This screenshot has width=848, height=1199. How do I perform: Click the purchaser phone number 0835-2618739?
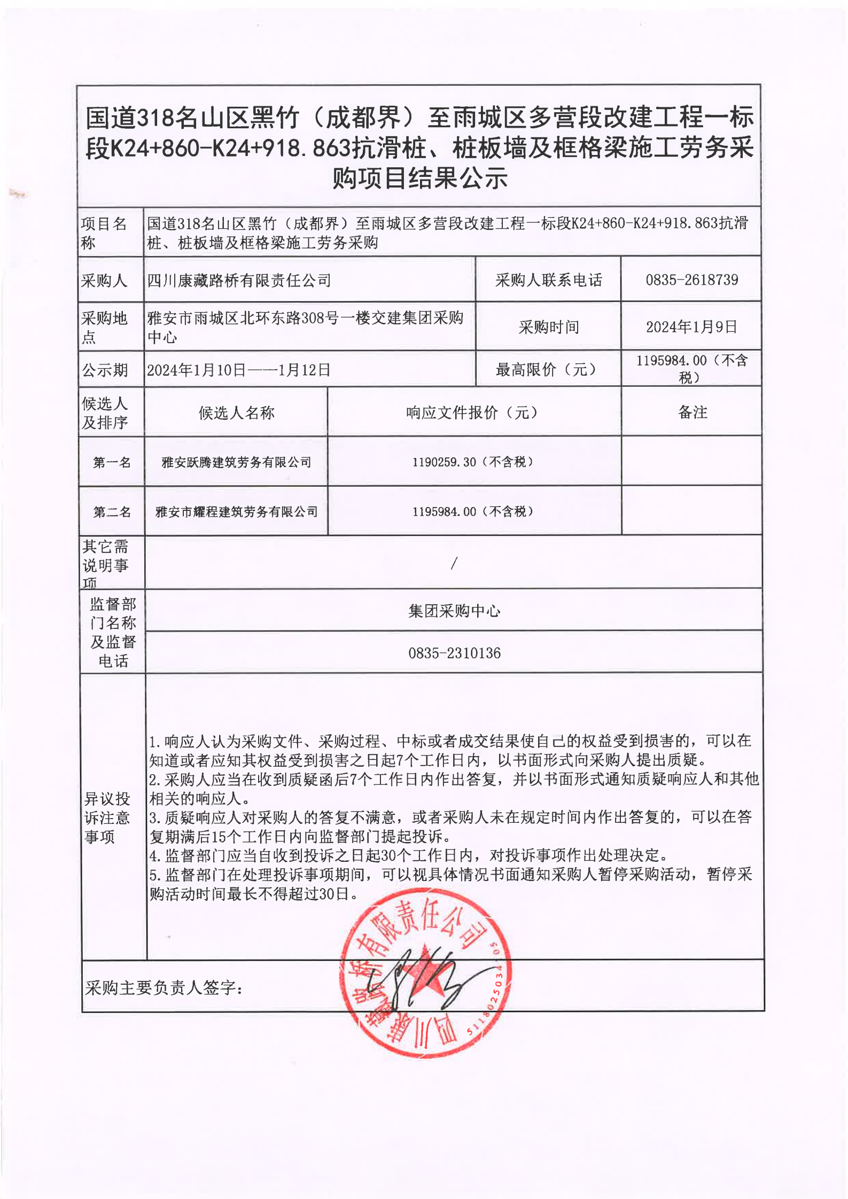691,279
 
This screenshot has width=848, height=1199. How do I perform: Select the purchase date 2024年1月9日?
691,326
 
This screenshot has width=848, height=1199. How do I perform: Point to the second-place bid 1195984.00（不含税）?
473,511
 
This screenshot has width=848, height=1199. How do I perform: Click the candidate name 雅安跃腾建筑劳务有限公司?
236,462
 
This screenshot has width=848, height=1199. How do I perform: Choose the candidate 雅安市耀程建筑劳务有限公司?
236,512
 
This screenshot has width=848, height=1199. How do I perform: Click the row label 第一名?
112,462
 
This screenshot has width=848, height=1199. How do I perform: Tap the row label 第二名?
112,512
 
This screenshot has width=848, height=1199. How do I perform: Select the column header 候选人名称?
236,412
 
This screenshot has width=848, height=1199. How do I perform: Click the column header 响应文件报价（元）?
473,412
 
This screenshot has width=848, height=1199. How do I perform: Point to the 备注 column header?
693,412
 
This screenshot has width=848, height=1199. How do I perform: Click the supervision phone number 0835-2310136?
454,653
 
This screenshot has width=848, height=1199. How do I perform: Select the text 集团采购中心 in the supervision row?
454,610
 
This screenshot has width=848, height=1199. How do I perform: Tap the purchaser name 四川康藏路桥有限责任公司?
239,280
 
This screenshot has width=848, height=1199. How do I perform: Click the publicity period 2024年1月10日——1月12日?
238,370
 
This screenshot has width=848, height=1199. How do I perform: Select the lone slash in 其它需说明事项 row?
454,563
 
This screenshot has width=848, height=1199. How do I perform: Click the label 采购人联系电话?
548,280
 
